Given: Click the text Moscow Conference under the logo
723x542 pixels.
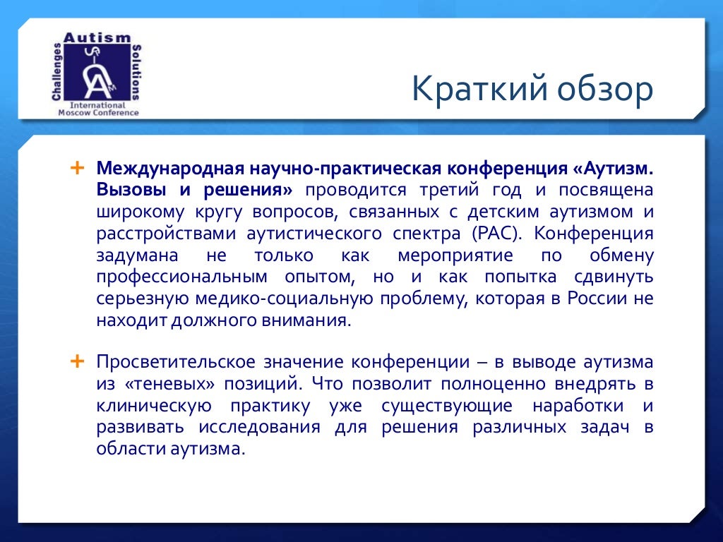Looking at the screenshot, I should [x=98, y=112].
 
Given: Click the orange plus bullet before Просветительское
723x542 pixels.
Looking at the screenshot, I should [x=77, y=361].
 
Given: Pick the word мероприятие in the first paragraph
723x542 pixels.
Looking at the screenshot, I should [x=443, y=255].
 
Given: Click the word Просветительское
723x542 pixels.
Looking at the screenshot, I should [x=177, y=362].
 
